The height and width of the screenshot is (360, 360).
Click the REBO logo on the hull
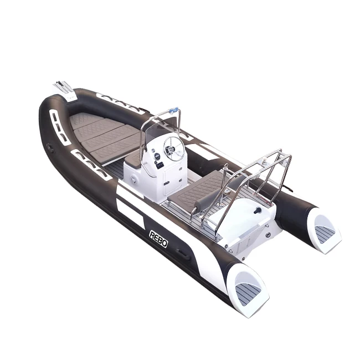tap(161, 238)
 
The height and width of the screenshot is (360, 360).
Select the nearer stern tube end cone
tap(249, 288)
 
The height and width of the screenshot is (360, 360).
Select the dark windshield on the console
tap(158, 131)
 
